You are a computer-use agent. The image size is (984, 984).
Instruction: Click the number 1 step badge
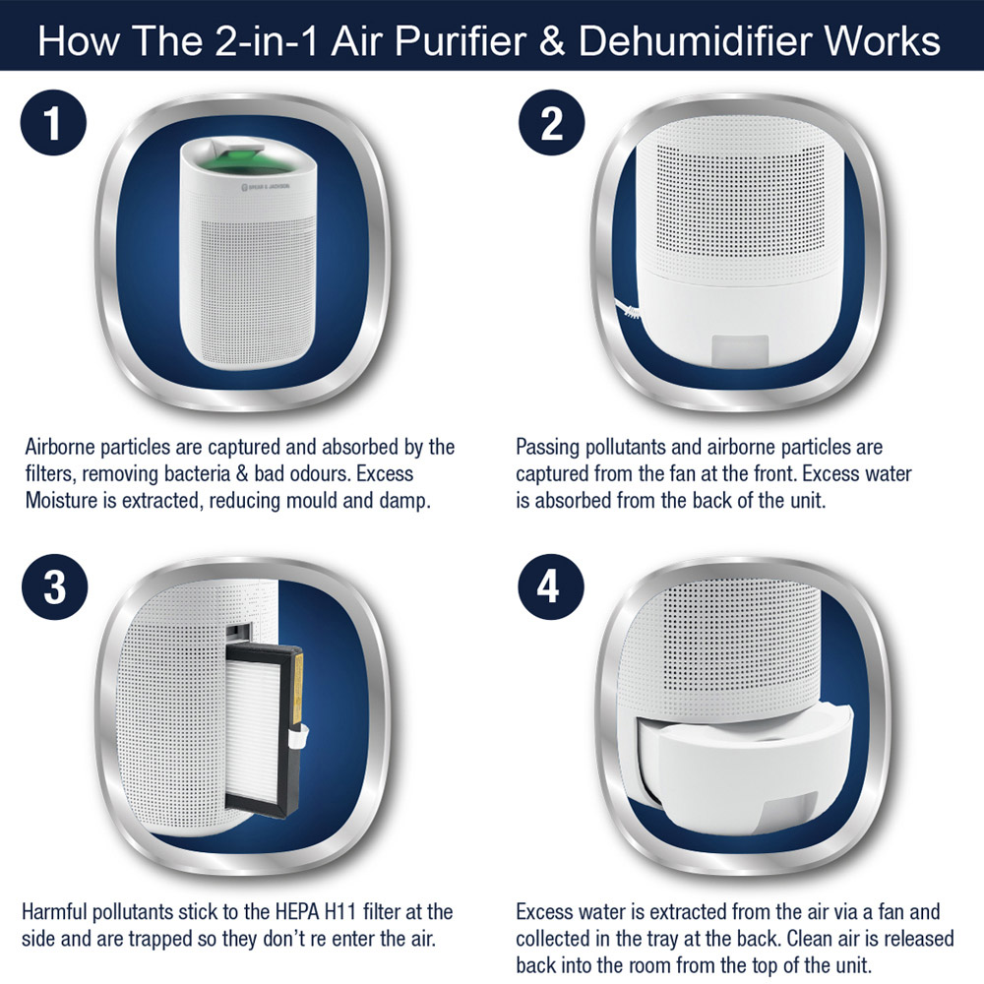coord(53,123)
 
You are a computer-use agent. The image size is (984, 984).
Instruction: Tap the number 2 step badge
coord(551,123)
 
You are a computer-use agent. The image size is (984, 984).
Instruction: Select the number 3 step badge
coord(54,587)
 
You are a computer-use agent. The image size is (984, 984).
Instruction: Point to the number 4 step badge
coord(550,587)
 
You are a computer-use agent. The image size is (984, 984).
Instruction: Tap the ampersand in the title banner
coord(551,41)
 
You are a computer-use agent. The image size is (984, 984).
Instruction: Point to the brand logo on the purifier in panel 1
coord(266,186)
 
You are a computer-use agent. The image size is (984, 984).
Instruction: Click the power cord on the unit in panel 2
coord(628,309)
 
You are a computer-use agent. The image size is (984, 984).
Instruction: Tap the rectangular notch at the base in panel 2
coord(741,348)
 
